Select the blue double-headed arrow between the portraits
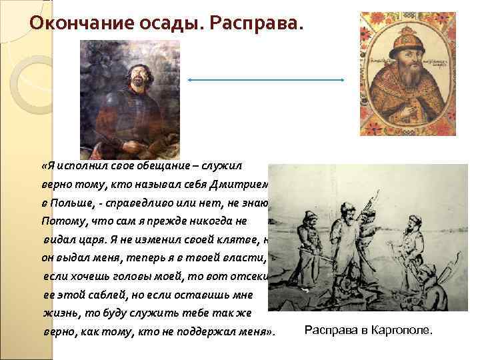(266, 79)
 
